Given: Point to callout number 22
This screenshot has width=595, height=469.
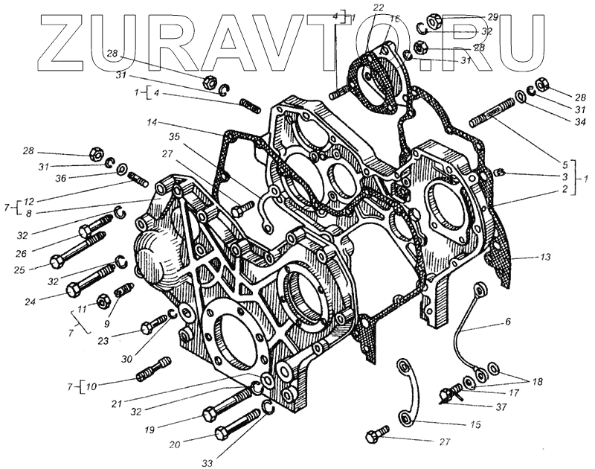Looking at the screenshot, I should (x=379, y=7).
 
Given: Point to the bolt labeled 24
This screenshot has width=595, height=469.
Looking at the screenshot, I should (x=93, y=280).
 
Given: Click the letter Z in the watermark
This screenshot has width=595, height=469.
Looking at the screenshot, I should (x=67, y=41).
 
